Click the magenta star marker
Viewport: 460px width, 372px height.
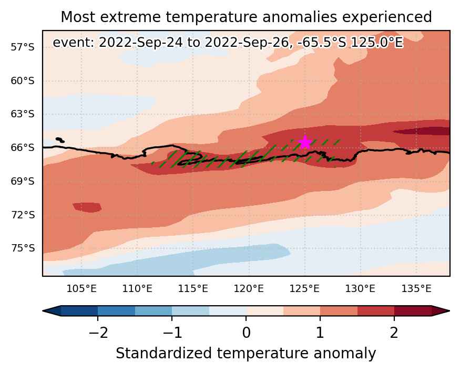point(305,143)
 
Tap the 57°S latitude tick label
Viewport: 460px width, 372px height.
point(23,47)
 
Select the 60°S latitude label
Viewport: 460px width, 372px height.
point(23,81)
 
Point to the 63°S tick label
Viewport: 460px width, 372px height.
point(23,114)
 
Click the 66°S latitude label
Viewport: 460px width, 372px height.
point(23,147)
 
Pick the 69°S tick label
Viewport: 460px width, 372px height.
point(23,181)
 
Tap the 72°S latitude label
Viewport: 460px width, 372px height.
point(23,215)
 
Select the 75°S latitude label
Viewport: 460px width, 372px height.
point(23,248)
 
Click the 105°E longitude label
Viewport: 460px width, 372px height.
point(81,289)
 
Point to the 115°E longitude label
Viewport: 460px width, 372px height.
point(193,289)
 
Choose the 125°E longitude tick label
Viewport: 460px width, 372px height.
point(304,289)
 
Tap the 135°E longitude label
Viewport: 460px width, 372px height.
point(416,289)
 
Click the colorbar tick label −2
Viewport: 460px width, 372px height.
point(98,333)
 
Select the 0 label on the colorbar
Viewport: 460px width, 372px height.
point(246,333)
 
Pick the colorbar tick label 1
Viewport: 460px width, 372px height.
point(320,333)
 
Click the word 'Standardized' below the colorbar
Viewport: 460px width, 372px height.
point(163,353)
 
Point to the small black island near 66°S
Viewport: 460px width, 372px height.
point(60,140)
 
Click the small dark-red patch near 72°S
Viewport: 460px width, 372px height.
point(87,207)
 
